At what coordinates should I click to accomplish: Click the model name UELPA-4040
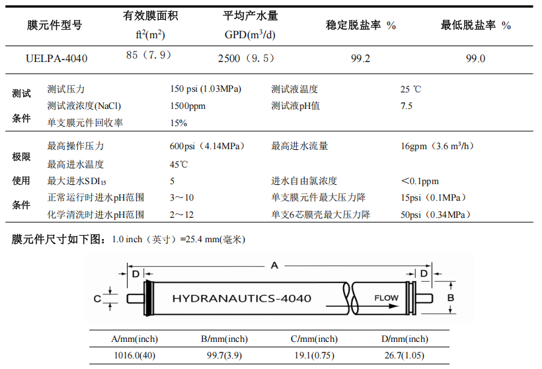click(56, 58)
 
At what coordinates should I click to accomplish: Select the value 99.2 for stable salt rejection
click(360, 58)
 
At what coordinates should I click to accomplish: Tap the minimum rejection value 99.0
click(475, 58)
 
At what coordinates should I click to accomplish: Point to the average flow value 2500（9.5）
click(246, 58)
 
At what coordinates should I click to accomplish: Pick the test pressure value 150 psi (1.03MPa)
click(206, 89)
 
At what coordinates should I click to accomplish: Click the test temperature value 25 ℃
click(410, 89)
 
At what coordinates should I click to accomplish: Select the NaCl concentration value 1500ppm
click(188, 106)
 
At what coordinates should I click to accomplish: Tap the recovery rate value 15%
click(178, 123)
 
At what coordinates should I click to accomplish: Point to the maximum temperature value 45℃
click(179, 164)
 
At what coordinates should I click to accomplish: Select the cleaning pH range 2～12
click(181, 215)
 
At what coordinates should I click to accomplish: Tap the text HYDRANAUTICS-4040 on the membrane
click(241, 298)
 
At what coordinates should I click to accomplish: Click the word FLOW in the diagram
click(386, 298)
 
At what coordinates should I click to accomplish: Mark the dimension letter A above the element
click(274, 265)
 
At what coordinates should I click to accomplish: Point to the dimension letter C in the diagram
click(97, 298)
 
